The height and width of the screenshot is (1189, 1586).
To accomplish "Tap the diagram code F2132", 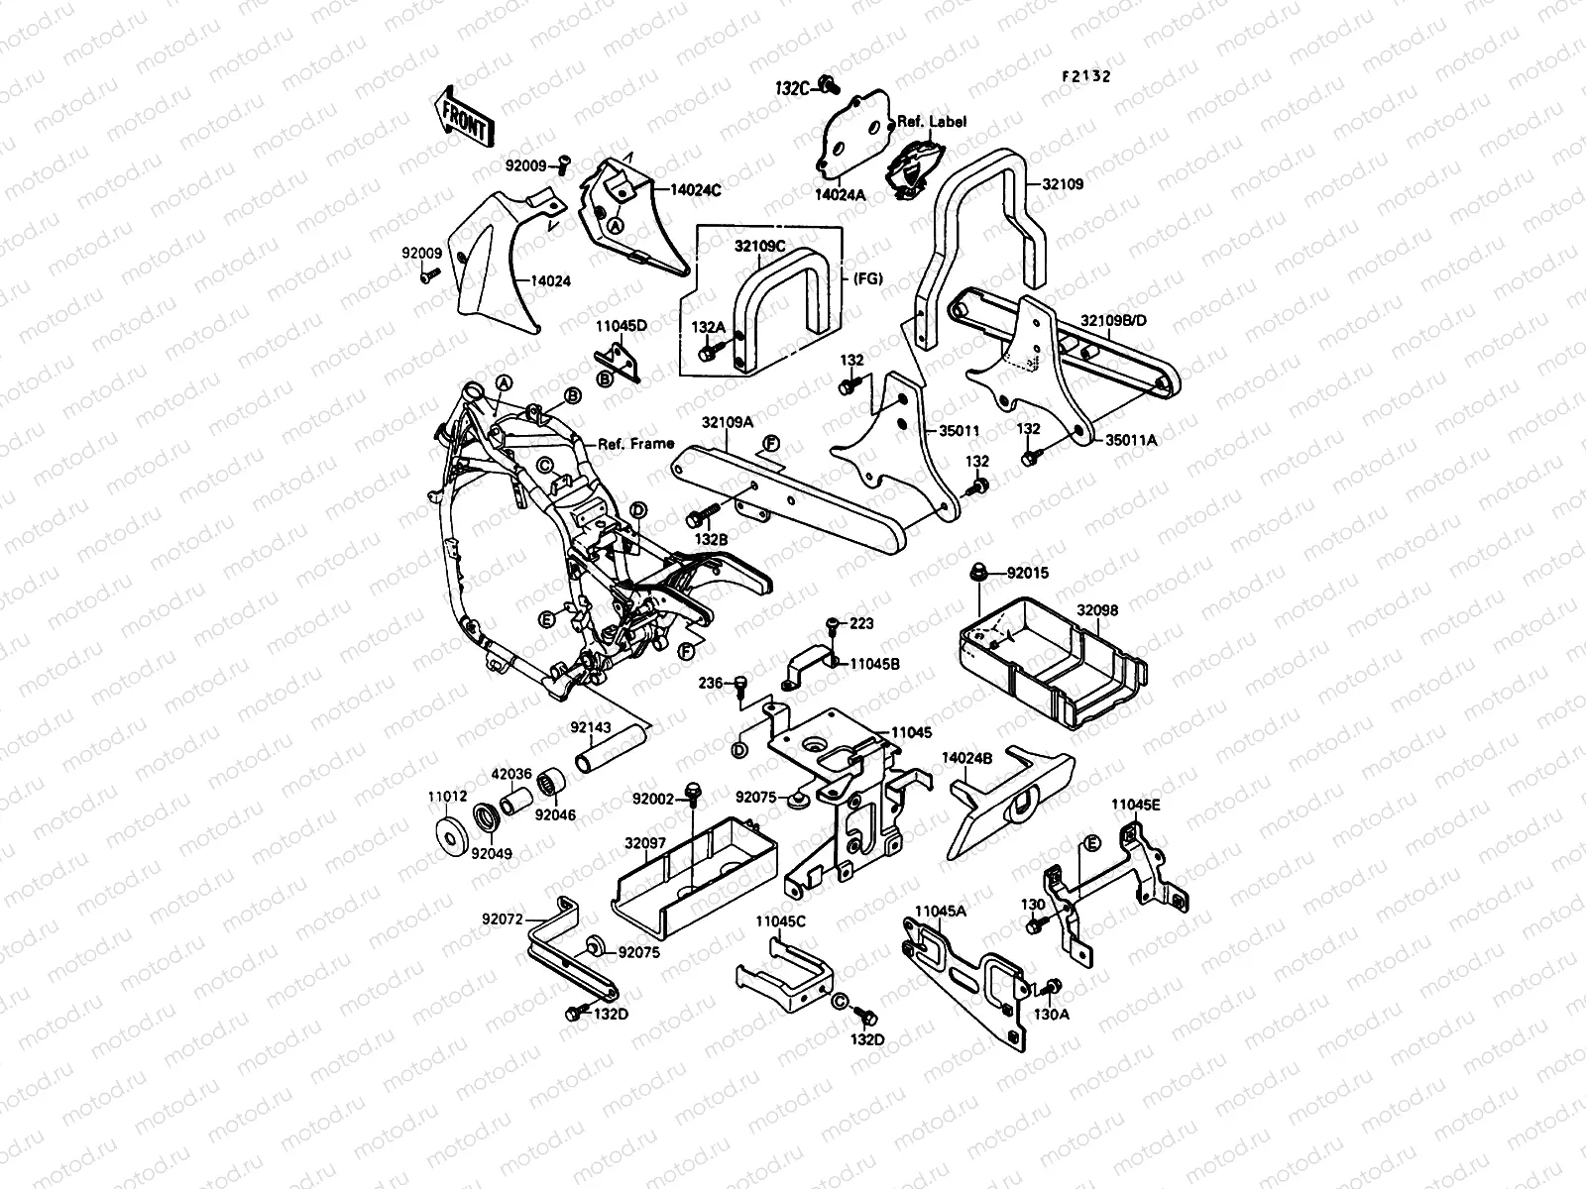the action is (1086, 76).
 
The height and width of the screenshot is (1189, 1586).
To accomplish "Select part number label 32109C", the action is (759, 246).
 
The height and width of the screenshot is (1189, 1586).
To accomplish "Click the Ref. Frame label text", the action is (635, 443).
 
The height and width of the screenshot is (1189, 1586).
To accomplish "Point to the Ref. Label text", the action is (942, 121).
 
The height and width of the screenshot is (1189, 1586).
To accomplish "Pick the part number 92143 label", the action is (591, 727).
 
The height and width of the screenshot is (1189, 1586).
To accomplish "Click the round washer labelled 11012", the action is (452, 836).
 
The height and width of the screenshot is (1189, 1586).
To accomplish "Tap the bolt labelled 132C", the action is (830, 84).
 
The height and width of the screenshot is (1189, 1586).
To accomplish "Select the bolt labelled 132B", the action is (701, 515).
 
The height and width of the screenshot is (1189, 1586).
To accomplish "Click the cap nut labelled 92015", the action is (978, 573).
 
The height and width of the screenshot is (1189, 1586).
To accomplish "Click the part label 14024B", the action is (966, 757).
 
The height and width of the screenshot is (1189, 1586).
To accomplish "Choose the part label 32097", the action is (645, 843).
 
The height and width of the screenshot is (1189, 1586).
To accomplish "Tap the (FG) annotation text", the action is (867, 278).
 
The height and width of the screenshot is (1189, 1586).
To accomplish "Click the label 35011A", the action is (1131, 439).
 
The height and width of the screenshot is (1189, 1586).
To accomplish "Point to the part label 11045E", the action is (1136, 805).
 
